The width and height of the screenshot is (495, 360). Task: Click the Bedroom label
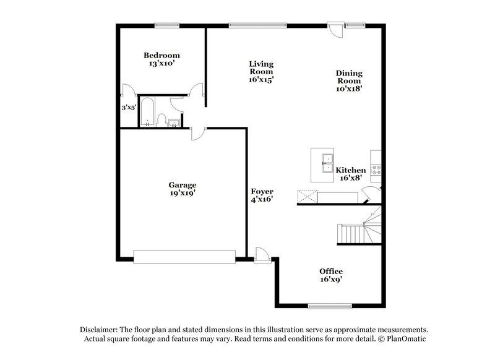[161, 54]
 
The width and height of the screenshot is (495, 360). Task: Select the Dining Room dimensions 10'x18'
[349, 88]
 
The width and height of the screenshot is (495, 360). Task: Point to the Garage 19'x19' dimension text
[183, 193]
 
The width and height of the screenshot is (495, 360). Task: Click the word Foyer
[262, 191]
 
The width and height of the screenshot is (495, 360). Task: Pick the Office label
[331, 271]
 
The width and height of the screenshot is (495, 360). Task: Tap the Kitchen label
[351, 169]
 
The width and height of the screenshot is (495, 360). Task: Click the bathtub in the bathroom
[147, 112]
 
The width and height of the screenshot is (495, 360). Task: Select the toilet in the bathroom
[162, 119]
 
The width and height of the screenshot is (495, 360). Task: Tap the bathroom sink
[175, 122]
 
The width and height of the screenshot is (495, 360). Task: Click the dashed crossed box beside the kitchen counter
[307, 197]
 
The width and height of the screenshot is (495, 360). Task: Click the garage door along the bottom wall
[184, 257]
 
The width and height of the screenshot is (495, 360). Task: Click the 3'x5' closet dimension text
[129, 108]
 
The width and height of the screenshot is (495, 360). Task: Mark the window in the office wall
[331, 304]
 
